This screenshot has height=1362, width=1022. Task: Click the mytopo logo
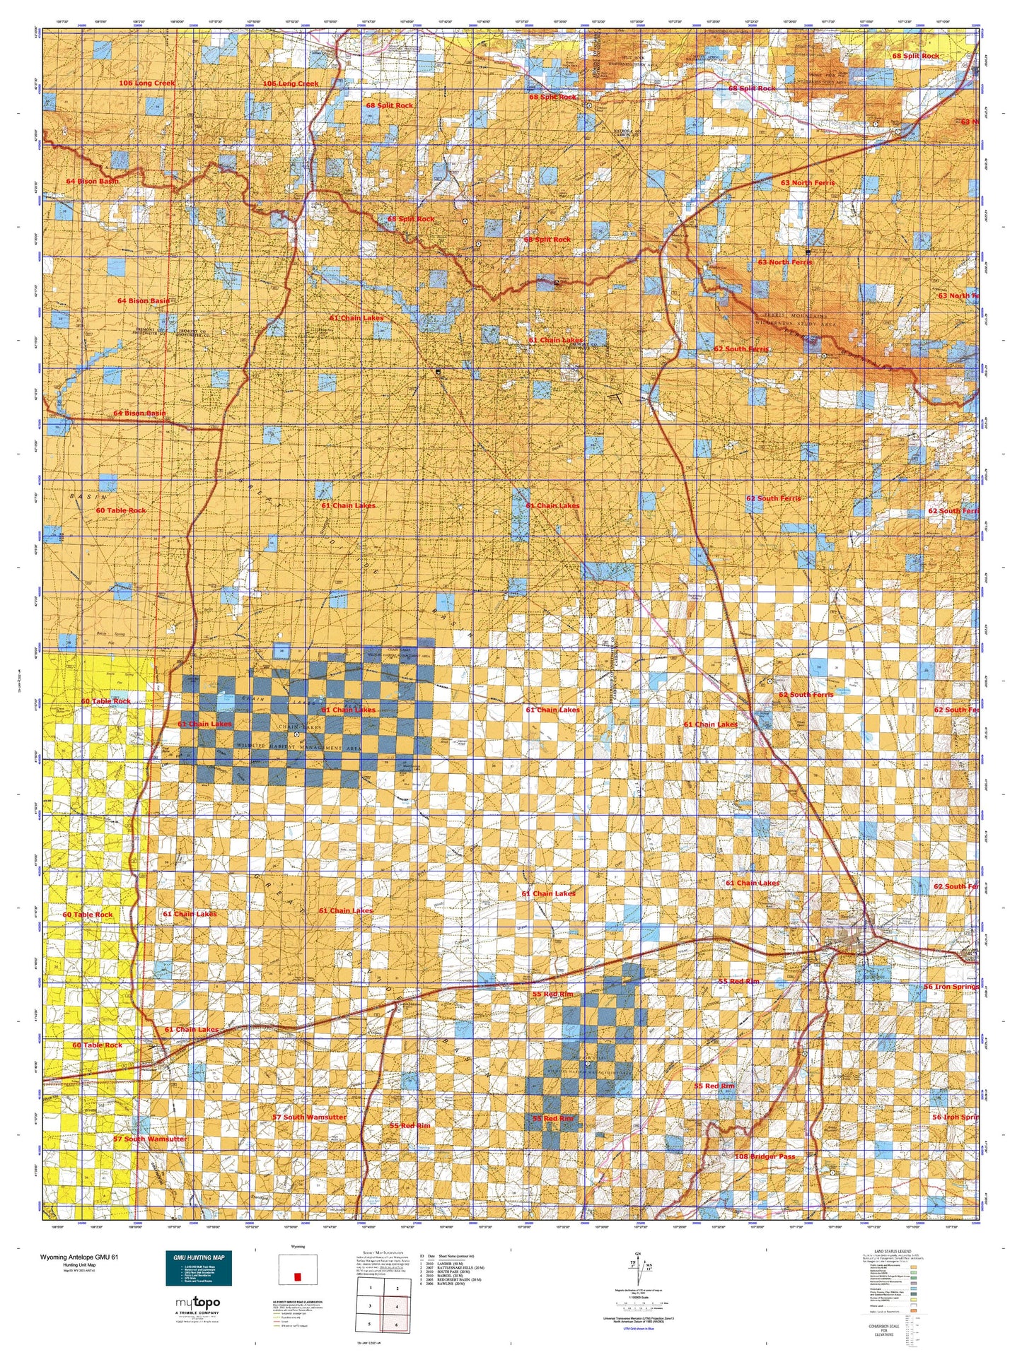(197, 1302)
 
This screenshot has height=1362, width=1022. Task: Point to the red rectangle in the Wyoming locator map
(297, 1277)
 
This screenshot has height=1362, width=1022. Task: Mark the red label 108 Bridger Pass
(765, 1156)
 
